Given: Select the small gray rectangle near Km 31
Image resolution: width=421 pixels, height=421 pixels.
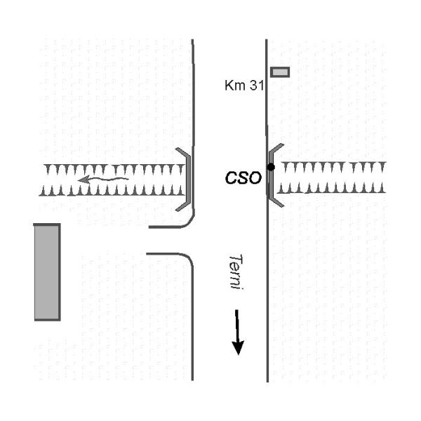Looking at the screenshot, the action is [280, 72].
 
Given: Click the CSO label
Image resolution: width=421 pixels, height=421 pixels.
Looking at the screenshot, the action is [243, 178].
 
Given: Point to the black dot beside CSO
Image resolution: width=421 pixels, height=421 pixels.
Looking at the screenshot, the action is [271, 167].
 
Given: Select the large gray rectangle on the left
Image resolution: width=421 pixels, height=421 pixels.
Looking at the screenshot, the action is [47, 272].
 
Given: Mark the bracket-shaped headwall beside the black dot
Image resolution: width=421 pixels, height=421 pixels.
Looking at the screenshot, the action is [275, 175].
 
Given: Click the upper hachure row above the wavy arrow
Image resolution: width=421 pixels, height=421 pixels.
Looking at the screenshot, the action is [112, 169].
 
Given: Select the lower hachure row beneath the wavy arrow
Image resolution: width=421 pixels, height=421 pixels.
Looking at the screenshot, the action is [112, 190].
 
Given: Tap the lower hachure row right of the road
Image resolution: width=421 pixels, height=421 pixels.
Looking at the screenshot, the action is [330, 188].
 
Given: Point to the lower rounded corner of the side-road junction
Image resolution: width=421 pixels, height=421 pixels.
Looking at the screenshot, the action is [187, 258].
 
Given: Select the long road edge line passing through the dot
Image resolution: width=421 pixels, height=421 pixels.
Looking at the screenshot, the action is [267, 281].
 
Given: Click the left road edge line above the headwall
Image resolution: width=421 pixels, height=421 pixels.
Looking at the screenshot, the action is [193, 91].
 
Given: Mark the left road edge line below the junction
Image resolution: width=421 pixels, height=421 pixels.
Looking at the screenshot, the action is [193, 323].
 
